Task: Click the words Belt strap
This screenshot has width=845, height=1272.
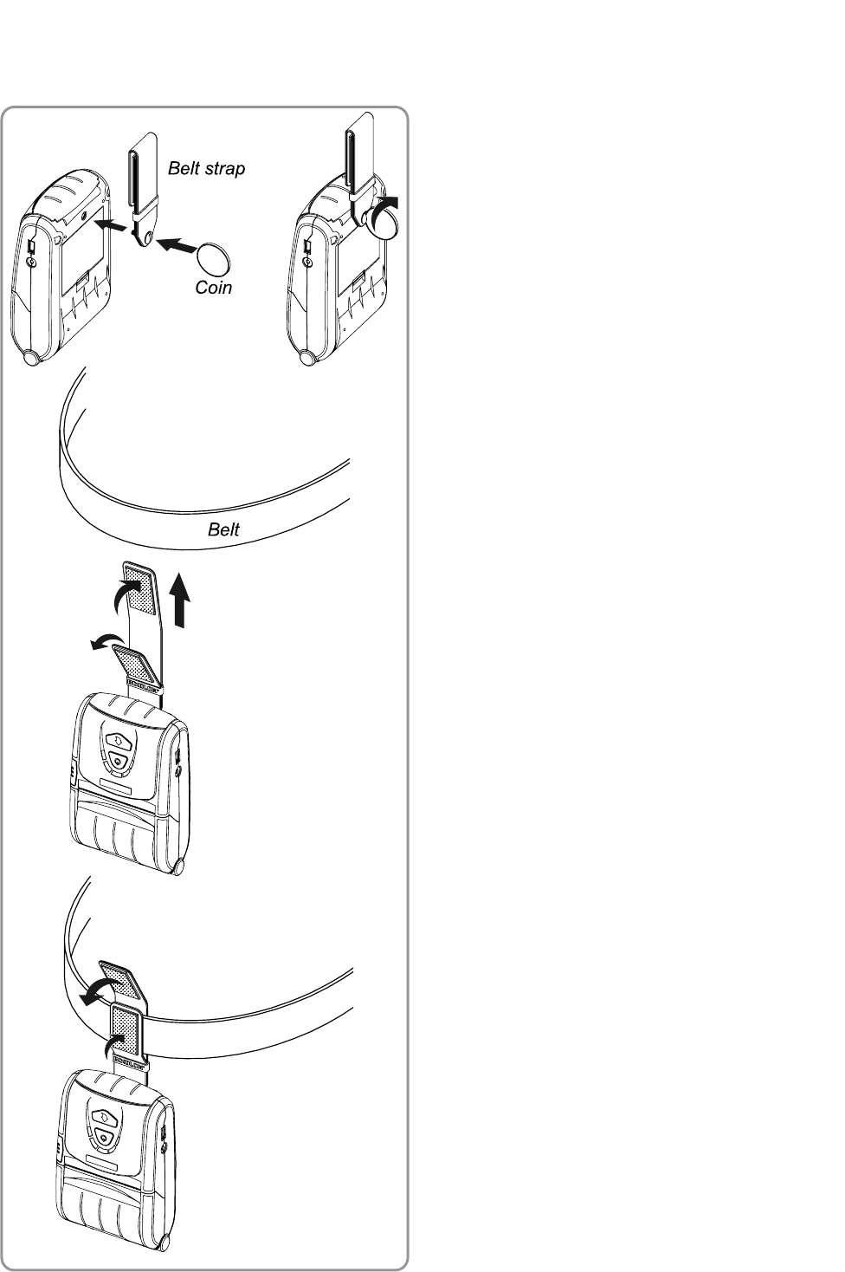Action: tap(206, 168)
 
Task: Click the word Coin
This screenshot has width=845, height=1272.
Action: tap(213, 287)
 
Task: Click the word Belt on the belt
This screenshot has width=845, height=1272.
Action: tap(223, 529)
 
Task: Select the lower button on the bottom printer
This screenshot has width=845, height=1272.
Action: tap(102, 1136)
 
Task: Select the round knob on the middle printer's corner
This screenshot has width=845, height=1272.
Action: tap(179, 866)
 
